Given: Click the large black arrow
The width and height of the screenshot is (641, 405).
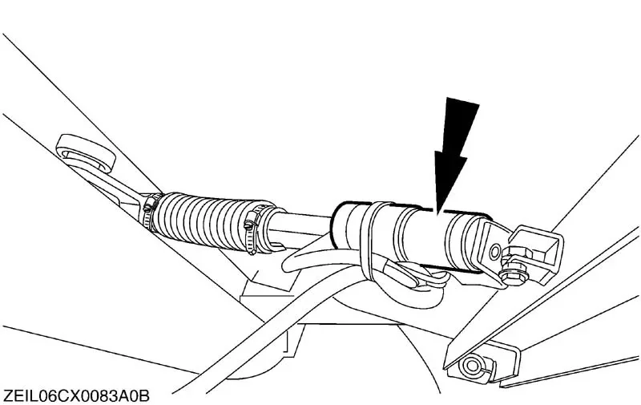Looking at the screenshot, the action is tap(454, 152).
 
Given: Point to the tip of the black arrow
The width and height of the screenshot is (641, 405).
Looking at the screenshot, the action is tap(437, 213).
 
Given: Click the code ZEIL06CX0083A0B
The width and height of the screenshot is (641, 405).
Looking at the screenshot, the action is tap(76, 396).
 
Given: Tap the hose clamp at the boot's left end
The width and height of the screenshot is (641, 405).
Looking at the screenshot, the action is tap(151, 211).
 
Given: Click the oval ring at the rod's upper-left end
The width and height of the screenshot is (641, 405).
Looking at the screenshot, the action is tap(86, 154).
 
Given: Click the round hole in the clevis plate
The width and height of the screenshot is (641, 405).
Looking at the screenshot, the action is tap(495, 251).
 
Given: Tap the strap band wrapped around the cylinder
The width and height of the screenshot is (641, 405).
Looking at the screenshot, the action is tap(369, 241).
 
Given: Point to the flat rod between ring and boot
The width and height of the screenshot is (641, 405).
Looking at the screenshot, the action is tap(119, 187).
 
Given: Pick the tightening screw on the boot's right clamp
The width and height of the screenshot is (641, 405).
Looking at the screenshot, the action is tap(249, 225).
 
